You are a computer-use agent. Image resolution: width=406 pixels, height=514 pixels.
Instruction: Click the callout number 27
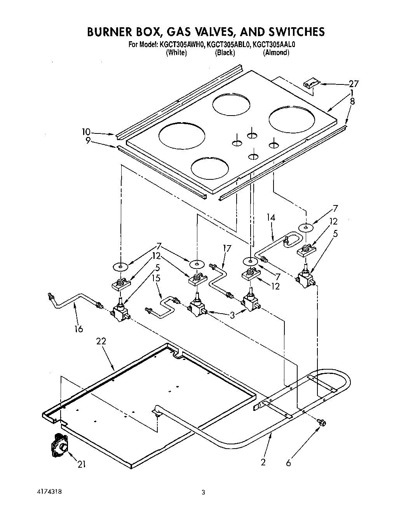click(x=354, y=83)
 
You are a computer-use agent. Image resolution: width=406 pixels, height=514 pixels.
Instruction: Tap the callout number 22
click(x=101, y=341)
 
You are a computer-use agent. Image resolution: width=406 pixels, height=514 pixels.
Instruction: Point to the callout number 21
click(x=81, y=464)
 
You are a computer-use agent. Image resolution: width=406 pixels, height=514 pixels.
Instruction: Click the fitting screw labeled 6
click(x=321, y=422)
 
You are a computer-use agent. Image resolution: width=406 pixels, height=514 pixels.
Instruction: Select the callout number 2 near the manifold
click(x=263, y=462)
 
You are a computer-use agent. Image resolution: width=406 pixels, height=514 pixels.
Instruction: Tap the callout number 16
click(x=78, y=329)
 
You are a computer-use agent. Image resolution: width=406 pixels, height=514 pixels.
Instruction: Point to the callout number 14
click(x=271, y=218)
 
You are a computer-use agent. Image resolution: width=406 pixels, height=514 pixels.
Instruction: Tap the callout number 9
click(x=88, y=140)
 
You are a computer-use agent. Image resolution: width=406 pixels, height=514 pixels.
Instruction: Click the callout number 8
click(x=352, y=102)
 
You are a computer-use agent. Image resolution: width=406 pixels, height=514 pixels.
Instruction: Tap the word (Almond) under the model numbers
click(x=276, y=53)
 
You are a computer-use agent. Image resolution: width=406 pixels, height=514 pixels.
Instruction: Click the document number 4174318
click(x=47, y=491)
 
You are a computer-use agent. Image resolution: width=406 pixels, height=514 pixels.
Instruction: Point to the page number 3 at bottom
click(x=203, y=492)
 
